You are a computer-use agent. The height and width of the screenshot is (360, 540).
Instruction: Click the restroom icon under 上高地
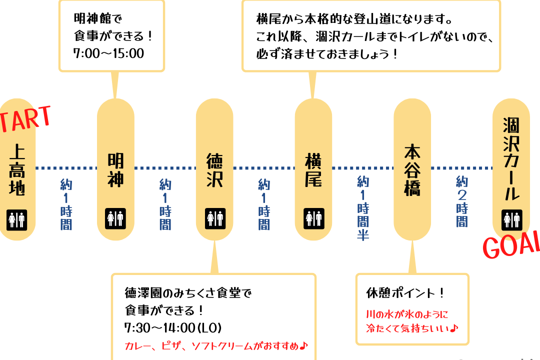(16, 220)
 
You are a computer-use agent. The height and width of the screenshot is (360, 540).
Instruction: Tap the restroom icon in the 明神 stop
(115, 218)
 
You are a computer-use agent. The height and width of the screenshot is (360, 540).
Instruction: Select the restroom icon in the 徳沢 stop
(215, 218)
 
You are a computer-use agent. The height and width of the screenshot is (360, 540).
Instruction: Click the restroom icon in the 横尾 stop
(313, 218)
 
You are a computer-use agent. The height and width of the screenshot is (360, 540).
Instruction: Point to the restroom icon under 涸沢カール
(512, 220)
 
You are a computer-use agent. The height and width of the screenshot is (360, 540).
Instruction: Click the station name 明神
(115, 170)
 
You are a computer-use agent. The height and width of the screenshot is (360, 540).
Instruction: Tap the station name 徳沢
(214, 170)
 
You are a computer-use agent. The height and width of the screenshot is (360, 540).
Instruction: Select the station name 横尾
(313, 170)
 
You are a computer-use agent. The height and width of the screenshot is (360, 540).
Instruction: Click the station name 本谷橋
(412, 170)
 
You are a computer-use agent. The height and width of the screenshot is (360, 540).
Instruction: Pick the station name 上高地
(17, 170)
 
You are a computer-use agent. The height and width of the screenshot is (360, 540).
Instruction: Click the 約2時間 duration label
(462, 201)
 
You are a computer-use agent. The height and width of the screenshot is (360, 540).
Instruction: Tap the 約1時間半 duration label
(363, 208)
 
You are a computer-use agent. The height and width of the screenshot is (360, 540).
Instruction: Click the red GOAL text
(511, 244)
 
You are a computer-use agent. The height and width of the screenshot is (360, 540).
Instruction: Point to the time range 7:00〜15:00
(109, 53)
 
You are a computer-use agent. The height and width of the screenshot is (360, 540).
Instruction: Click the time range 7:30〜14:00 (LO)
(173, 327)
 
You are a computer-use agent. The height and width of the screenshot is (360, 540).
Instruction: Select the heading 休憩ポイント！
(405, 293)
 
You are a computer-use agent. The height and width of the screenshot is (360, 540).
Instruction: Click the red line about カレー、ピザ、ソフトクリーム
(216, 345)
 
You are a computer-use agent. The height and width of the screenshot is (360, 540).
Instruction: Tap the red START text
(25, 119)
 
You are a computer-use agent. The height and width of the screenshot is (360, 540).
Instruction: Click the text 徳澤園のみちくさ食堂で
(188, 293)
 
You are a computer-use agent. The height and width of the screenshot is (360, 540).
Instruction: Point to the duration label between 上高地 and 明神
(66, 204)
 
